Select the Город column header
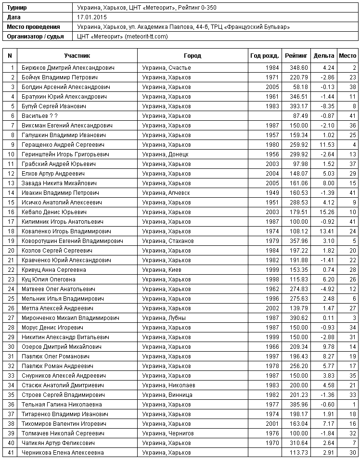tap(193, 56)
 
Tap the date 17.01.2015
tap(91, 17)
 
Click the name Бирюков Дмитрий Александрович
tap(68, 68)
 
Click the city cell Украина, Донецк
tap(165, 154)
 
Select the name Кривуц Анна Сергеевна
tap(54, 270)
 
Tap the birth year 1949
tap(272, 193)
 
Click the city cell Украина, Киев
tap(162, 270)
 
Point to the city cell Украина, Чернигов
tap(168, 433)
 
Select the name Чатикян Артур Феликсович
tap(58, 443)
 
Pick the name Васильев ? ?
tap(40, 116)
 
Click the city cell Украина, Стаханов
tap(168, 241)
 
